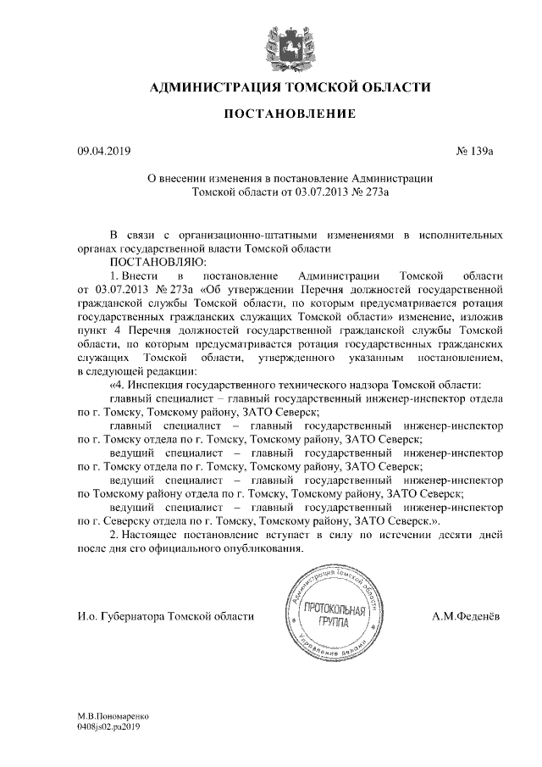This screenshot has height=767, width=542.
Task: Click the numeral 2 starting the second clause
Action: pos(114,536)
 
